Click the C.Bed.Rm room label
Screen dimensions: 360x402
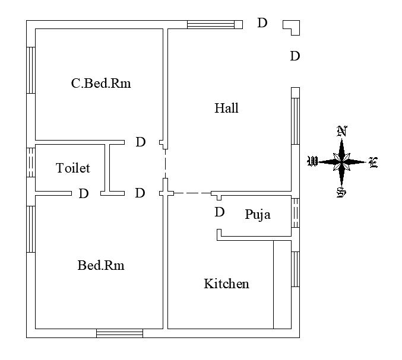pos(100,84)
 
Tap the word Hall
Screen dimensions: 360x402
pos(226,109)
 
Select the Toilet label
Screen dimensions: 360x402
pos(73,168)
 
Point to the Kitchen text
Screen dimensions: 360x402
pos(226,284)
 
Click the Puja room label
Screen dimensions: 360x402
pos(258,215)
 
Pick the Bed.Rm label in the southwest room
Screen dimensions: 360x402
pos(101,266)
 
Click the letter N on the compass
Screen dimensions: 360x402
pos(341,131)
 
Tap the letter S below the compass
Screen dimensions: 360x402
pos(341,192)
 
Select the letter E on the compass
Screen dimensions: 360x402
pos(373,163)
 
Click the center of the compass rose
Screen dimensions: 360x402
pos(341,161)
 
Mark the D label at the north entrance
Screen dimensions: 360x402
pos(262,23)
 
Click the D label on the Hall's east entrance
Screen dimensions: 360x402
pos(295,56)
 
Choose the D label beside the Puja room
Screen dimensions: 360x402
pos(220,212)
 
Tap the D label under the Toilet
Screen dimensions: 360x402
pos(84,194)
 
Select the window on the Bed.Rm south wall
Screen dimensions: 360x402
pos(119,333)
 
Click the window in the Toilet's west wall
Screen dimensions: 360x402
pos(31,161)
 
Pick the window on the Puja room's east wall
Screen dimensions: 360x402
pos(295,212)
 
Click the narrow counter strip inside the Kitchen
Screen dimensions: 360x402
pos(281,284)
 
